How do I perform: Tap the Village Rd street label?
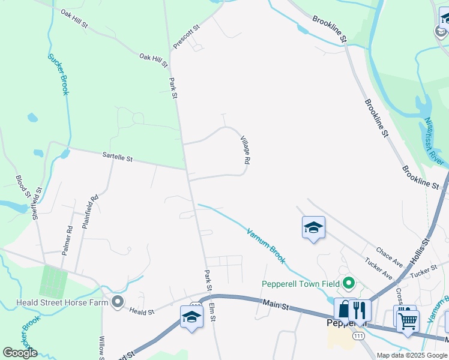[x=245, y=150]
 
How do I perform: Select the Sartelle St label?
[x=117, y=157]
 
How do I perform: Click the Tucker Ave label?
[x=378, y=269]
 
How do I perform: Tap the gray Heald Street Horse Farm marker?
[x=117, y=301]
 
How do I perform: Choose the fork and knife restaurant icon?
[x=360, y=310]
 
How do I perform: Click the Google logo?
[x=20, y=353]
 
